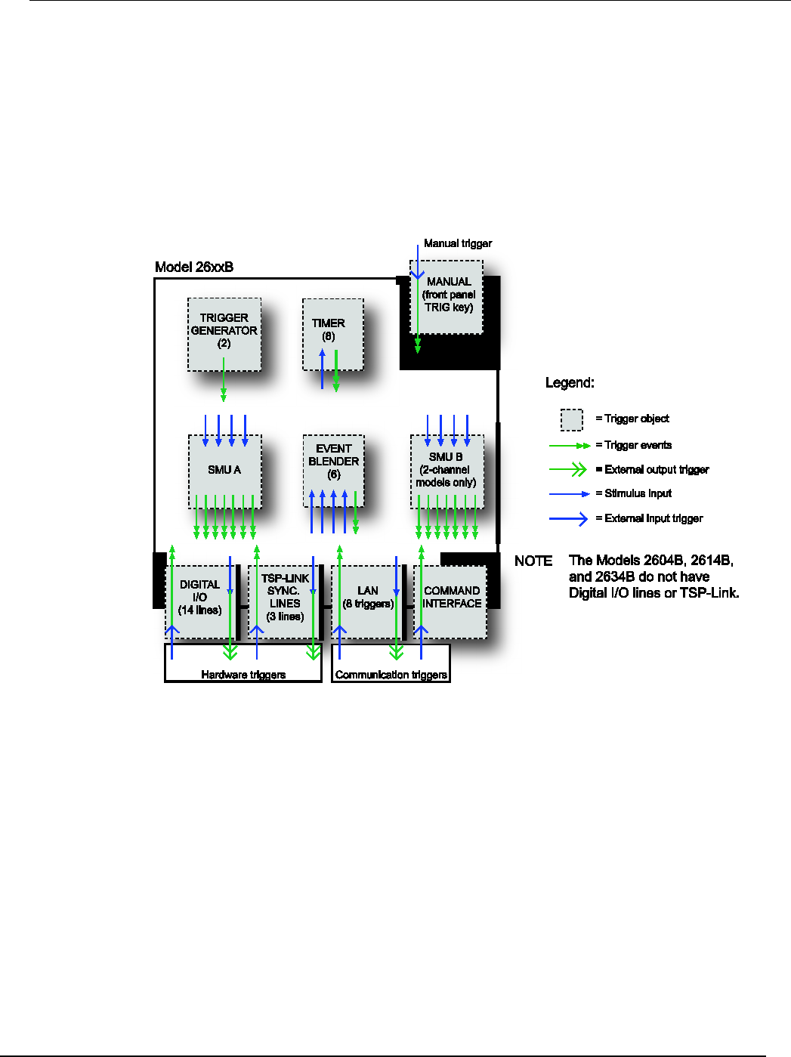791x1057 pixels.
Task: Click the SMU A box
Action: (x=224, y=470)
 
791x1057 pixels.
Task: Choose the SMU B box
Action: (x=446, y=470)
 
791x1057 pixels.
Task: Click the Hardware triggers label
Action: (x=243, y=675)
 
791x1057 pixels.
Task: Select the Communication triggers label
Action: (x=391, y=675)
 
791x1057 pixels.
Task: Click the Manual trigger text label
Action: (x=458, y=243)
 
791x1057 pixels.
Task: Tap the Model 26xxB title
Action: (x=194, y=267)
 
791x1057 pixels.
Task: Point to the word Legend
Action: (x=570, y=382)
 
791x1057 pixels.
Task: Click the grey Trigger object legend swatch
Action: (x=572, y=419)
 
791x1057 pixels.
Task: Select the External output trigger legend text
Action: (x=657, y=469)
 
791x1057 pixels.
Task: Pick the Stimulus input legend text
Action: (x=638, y=493)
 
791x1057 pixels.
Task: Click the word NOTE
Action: (x=533, y=561)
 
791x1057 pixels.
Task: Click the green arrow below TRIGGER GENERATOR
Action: (x=224, y=381)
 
